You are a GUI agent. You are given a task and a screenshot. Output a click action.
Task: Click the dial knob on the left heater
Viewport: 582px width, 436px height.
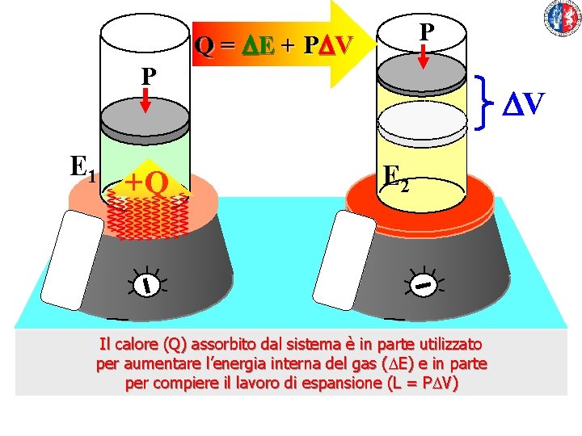146,283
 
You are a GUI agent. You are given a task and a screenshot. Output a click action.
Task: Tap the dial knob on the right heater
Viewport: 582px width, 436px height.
423,283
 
